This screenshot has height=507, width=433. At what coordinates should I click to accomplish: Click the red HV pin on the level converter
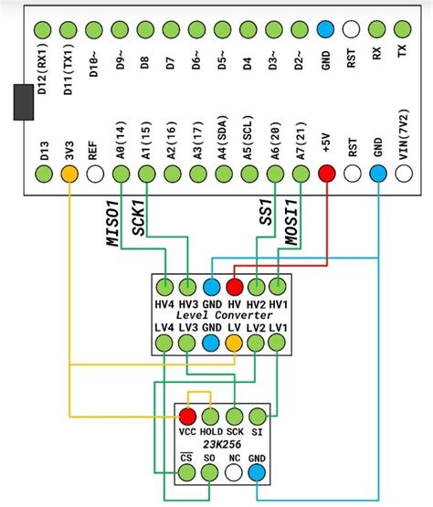(234, 287)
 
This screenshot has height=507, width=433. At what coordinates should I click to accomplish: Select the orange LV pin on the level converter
(234, 343)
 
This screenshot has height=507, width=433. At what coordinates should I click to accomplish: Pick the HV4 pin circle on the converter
(164, 287)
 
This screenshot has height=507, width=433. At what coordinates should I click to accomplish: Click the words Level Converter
(222, 314)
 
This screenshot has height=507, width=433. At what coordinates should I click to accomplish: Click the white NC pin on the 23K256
(234, 471)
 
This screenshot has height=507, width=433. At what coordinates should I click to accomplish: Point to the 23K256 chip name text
(222, 443)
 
